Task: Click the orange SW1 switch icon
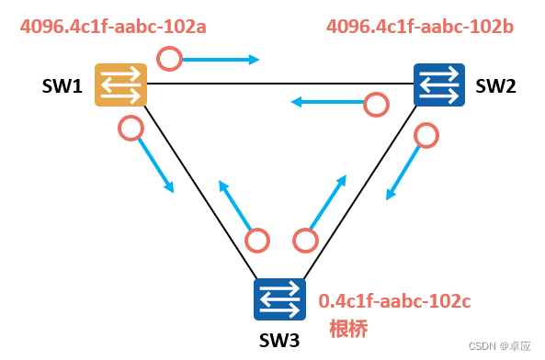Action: coord(121,84)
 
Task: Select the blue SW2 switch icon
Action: coord(439,84)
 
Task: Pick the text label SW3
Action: coord(279,341)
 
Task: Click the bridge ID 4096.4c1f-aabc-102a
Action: coord(113,27)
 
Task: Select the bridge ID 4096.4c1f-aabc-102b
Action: coord(420,27)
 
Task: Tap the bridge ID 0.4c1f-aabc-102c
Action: coord(394,300)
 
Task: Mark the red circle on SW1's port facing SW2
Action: coord(169,60)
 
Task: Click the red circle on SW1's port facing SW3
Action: coord(131,128)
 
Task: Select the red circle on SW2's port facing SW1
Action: coord(376,105)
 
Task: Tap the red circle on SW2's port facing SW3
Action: coord(426,136)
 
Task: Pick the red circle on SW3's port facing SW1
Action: coord(258,241)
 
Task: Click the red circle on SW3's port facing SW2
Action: coord(304,241)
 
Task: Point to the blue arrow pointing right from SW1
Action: coord(222,61)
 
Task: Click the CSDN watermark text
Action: coord(499,346)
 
